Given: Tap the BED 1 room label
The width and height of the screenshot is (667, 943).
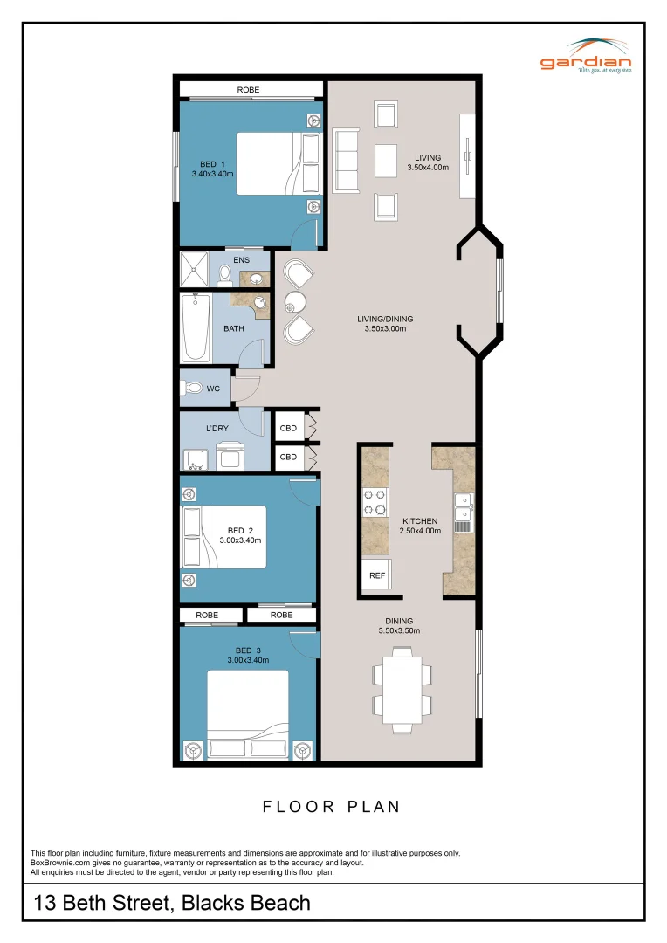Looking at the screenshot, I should point(213,164).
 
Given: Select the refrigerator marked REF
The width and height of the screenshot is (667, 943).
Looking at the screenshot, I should point(377,575).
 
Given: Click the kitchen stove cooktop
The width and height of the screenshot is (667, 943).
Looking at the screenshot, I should point(375,503).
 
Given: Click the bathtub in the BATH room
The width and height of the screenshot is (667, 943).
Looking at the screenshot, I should point(196,327).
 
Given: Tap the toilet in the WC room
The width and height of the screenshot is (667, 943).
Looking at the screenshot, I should point(193,388).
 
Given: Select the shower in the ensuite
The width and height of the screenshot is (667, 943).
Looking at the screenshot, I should point(195,269).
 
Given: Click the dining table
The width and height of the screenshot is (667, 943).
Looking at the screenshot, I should point(402,690).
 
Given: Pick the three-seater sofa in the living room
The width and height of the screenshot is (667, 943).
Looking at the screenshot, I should point(346,160).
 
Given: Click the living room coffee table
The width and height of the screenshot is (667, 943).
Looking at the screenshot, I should point(386,160).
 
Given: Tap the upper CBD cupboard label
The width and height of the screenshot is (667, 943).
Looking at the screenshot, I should point(288,429).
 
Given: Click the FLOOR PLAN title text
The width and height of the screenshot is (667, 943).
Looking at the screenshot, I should point(332,807).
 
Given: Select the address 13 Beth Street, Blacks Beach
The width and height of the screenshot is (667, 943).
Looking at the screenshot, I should point(172,902).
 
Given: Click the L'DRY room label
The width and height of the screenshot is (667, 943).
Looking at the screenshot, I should point(217,429).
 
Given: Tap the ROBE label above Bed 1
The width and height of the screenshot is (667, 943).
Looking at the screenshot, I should point(249,90).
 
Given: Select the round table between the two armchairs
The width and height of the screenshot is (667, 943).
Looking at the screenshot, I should point(293,303).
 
